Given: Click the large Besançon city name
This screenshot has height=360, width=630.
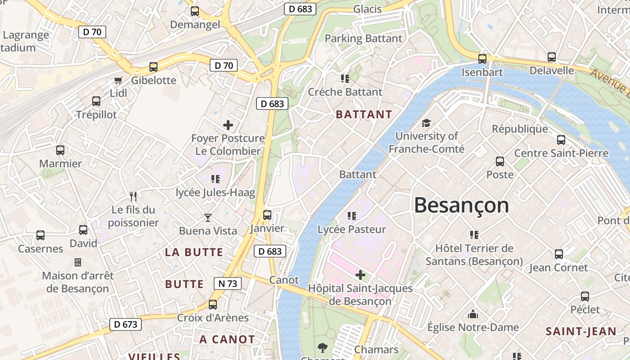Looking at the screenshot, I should (x=461, y=206).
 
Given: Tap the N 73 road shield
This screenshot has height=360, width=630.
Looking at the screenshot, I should (x=227, y=283).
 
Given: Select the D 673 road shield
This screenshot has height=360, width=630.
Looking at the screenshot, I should (x=126, y=324).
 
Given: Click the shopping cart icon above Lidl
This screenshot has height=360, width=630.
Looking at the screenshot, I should (x=118, y=80).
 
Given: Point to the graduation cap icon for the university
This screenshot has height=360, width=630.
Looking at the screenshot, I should (x=426, y=123).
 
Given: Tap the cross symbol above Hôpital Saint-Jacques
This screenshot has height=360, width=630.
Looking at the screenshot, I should (x=360, y=274).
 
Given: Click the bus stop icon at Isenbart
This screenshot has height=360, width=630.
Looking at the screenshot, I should (x=482, y=58).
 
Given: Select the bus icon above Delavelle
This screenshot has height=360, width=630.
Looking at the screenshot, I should (x=552, y=57).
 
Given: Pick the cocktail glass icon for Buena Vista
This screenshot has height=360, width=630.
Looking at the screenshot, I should (x=207, y=218).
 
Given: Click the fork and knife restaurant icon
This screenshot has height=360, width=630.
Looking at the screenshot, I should (x=133, y=196).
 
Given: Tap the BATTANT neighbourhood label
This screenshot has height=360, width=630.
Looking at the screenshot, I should (x=364, y=114).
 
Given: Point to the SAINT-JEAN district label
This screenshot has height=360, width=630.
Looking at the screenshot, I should (x=581, y=332).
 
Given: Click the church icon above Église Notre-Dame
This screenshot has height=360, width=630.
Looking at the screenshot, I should (x=473, y=314).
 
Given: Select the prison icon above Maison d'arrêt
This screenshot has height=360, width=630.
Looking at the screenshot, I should (x=78, y=262).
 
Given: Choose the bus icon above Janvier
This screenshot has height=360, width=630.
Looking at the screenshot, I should (x=267, y=215).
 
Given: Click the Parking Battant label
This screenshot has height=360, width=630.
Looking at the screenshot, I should (x=363, y=38).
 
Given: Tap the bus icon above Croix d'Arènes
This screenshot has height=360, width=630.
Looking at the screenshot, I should (x=213, y=305).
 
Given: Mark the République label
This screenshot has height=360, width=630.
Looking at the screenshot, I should (x=520, y=129).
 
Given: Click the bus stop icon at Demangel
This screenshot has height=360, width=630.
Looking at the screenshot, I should (x=195, y=11).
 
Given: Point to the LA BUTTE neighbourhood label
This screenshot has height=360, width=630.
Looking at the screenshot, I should (x=194, y=252).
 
